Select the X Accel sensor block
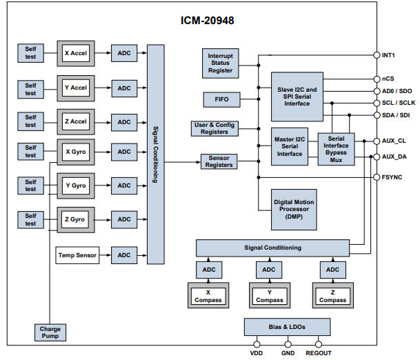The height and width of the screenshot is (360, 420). click(x=75, y=53)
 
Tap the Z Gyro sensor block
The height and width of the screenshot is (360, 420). click(x=75, y=219)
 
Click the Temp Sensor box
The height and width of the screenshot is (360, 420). click(x=77, y=255)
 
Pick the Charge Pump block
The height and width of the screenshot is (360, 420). click(x=49, y=332)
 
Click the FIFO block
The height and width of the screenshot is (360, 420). click(x=221, y=99)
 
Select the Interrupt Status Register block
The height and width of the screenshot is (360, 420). click(x=221, y=61)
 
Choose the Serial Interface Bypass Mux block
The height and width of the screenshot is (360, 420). click(x=336, y=150)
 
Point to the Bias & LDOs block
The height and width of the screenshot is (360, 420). click(x=287, y=326)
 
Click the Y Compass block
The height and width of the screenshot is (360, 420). click(x=270, y=296)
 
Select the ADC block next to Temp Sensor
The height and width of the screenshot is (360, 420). click(x=124, y=255)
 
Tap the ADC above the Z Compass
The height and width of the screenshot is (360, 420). click(x=332, y=270)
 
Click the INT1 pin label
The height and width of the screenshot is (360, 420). click(x=389, y=54)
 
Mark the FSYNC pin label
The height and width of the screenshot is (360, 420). click(x=392, y=177)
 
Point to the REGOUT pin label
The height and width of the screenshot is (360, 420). click(x=318, y=353)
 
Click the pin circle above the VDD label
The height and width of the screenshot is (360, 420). click(x=256, y=343)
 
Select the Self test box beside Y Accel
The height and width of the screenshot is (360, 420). click(x=30, y=88)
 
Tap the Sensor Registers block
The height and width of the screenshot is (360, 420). click(x=219, y=162)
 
